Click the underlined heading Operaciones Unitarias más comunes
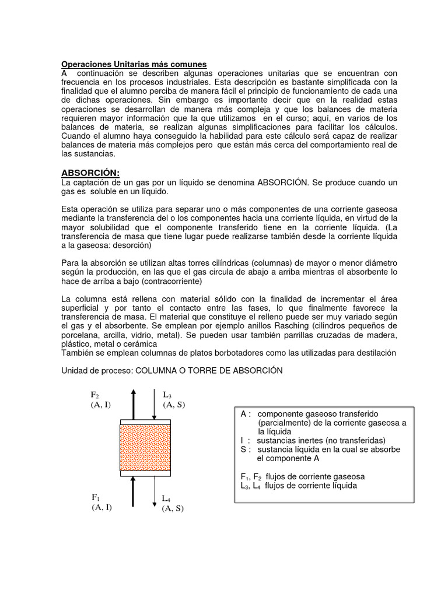pyautogui.click(x=134, y=64)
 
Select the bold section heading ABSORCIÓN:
pyautogui.click(x=90, y=173)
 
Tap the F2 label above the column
pyautogui.click(x=95, y=395)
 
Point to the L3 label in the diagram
pyautogui.click(x=167, y=395)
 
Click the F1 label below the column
pyautogui.click(x=96, y=497)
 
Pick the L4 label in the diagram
pyautogui.click(x=166, y=498)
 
